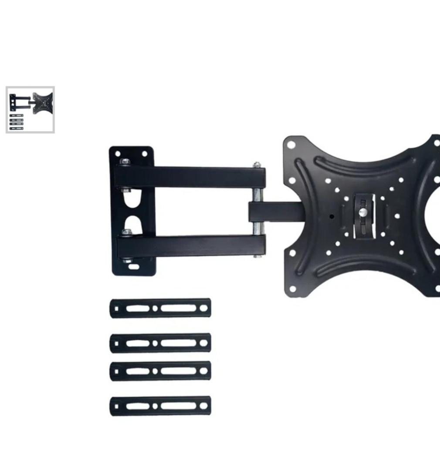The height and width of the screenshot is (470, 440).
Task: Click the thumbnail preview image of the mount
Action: (x=30, y=110)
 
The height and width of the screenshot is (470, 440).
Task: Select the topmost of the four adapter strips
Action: (x=160, y=308)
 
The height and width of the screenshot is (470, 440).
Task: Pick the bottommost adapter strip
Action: (x=160, y=406)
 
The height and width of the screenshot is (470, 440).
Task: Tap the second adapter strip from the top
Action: (x=160, y=343)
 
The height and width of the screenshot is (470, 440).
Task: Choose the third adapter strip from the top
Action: (x=160, y=371)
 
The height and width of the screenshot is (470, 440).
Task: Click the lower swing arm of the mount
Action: (x=192, y=246)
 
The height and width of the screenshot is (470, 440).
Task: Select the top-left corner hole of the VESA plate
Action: (x=291, y=145)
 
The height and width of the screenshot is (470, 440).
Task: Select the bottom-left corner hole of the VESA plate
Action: (x=292, y=288)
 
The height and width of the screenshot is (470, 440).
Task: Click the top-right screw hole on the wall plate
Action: (x=144, y=154)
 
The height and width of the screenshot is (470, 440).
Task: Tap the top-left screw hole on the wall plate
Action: (x=117, y=154)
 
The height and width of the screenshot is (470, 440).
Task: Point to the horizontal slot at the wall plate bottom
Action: (x=134, y=267)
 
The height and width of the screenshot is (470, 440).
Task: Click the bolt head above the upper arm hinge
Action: (x=125, y=161)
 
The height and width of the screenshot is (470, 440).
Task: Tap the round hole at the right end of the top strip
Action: (x=203, y=308)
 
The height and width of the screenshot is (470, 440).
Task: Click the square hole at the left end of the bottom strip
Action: (x=116, y=406)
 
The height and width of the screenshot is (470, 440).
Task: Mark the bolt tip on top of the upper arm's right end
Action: (x=257, y=165)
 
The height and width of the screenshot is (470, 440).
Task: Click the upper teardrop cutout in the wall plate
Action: (x=130, y=200)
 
